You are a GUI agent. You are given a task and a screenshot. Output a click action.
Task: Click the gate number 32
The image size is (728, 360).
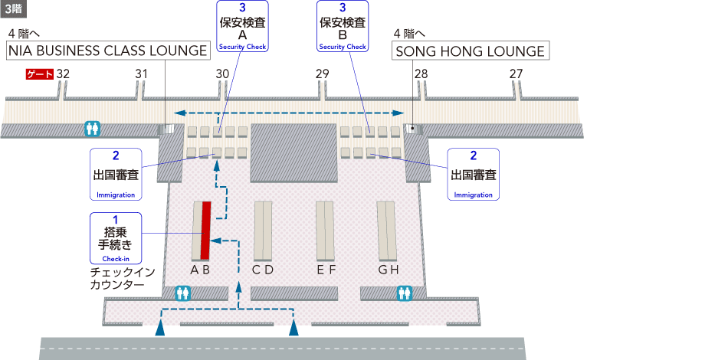point(63,74)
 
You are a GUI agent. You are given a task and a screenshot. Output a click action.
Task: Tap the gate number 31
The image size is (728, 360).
point(141,74)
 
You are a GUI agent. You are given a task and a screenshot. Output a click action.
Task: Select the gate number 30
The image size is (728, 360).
point(222,74)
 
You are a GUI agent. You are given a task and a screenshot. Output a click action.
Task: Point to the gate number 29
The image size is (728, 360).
point(322,74)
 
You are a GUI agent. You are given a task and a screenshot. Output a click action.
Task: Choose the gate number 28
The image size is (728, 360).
point(421,74)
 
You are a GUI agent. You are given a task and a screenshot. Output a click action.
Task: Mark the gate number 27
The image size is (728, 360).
point(516,74)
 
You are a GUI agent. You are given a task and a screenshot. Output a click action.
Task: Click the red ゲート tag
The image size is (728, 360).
point(40,74)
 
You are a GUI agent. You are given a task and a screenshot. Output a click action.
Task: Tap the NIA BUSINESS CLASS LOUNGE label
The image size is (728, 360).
point(109,51)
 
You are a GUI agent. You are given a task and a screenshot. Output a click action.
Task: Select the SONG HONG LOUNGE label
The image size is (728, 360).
point(470,51)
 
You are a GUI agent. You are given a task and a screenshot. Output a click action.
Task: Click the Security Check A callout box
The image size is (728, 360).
point(242,26)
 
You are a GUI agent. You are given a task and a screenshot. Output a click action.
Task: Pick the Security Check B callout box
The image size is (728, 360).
point(343,26)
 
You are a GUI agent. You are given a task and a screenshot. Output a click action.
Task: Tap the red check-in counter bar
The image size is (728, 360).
point(205,231)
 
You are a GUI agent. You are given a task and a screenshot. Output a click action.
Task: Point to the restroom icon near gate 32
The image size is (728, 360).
point(93,129)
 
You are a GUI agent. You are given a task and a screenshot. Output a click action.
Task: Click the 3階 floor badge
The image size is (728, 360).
point(16,10)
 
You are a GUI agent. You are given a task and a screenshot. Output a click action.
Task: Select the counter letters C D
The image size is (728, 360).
point(263,270)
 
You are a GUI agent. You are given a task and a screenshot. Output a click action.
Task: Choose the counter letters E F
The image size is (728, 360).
point(326,270)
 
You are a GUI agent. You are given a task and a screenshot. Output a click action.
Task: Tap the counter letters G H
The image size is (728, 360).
point(389,270)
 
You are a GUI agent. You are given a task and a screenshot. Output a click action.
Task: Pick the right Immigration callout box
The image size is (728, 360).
point(473,174)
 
